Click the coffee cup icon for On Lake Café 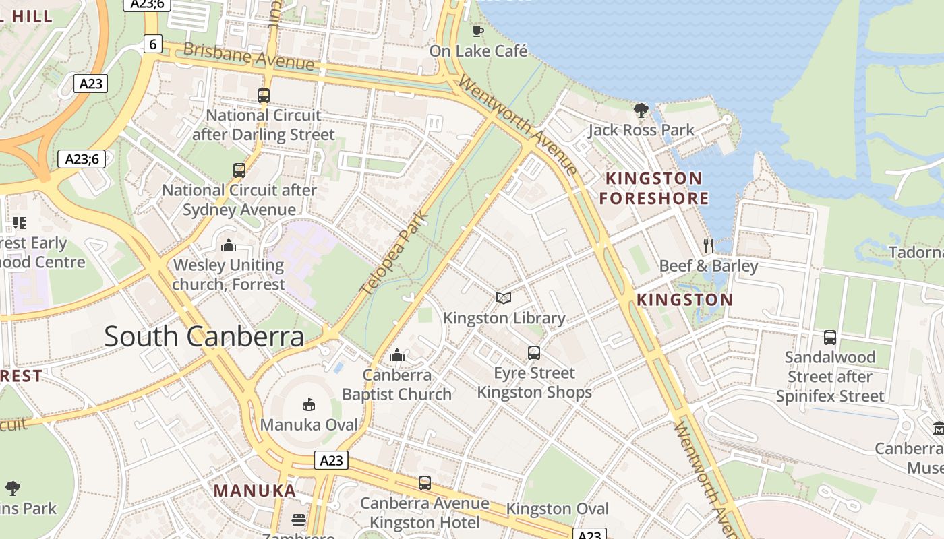(x=478, y=31)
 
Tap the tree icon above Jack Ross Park (x=641, y=110)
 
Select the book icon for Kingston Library (x=504, y=298)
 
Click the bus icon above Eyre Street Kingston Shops (x=534, y=353)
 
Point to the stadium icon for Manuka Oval (x=309, y=404)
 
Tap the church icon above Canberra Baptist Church (x=397, y=354)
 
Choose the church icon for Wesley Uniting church (x=229, y=245)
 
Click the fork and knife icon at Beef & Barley (x=708, y=245)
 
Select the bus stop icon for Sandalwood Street (x=830, y=337)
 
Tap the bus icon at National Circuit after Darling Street (x=264, y=95)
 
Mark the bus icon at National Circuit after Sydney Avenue (x=239, y=170)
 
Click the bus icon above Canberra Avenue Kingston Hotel (x=424, y=483)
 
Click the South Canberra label (x=204, y=336)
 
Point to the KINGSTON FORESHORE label (x=654, y=188)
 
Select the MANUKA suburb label (x=255, y=490)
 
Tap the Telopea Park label (x=395, y=253)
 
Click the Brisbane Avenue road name (x=249, y=57)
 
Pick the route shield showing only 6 (x=153, y=44)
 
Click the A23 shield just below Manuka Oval (x=331, y=460)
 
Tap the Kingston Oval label (x=557, y=509)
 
